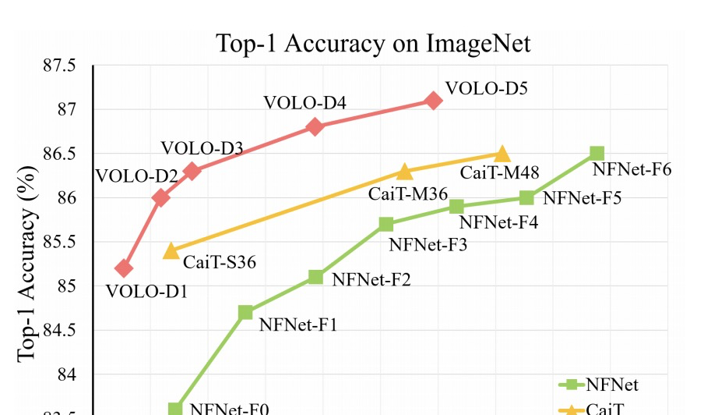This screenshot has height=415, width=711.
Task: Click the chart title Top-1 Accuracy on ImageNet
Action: click(x=373, y=43)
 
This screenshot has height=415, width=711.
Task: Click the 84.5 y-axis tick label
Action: click(x=60, y=331)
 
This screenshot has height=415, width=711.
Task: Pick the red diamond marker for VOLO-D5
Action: click(x=434, y=100)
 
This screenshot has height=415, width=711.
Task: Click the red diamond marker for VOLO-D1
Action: click(x=123, y=268)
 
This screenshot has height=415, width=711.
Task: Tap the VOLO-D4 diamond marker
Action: click(x=315, y=126)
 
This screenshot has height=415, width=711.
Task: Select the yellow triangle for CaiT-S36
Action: click(x=171, y=250)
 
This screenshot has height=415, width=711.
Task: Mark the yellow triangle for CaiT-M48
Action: click(x=502, y=154)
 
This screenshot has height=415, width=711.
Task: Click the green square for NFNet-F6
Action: click(x=597, y=154)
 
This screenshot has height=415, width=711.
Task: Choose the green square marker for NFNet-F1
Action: click(x=245, y=313)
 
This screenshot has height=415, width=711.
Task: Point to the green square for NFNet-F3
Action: click(x=386, y=224)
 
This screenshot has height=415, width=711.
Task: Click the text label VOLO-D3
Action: click(x=202, y=148)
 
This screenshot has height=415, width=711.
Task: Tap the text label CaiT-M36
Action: click(x=405, y=193)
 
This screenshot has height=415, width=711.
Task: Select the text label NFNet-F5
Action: click(x=582, y=198)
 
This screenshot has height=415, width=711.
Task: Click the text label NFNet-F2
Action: click(x=371, y=279)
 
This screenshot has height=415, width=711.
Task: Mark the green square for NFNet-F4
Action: click(x=457, y=206)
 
